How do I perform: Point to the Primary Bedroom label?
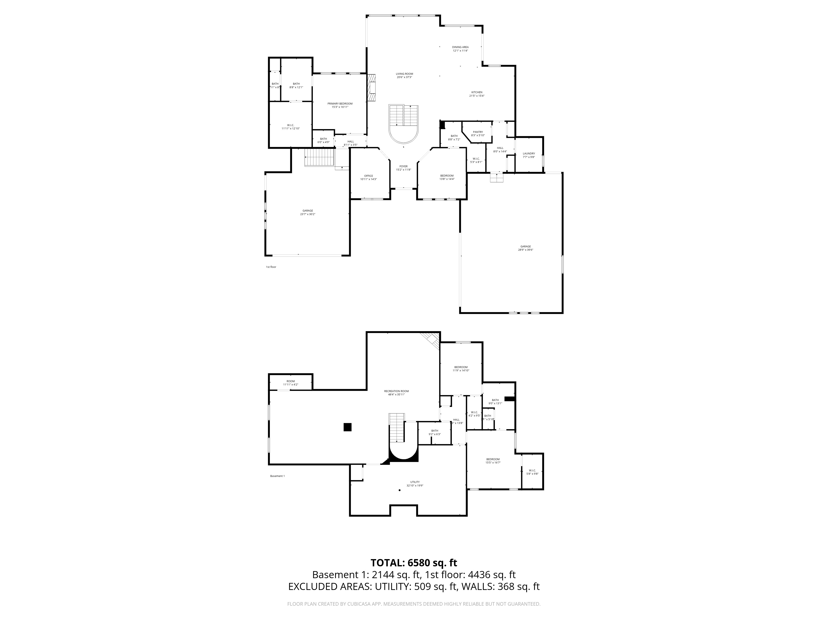pos(340,105)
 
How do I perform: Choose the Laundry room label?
pos(528,155)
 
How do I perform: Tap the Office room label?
pos(368,177)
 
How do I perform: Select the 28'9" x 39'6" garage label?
pos(525,248)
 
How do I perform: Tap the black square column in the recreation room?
pos(347,427)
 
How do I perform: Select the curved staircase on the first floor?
pos(403,124)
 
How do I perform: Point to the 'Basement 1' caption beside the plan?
pos(277,476)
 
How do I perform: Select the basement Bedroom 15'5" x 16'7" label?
pos(493,461)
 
